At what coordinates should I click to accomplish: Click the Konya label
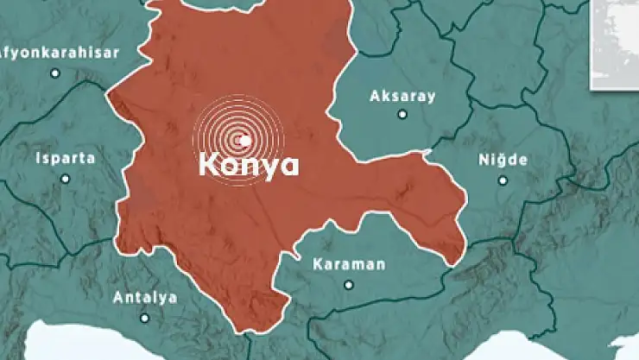[x=249, y=164]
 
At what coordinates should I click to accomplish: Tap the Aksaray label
[x=402, y=96]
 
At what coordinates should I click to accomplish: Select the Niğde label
[x=503, y=161]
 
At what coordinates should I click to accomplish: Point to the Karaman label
[x=349, y=264]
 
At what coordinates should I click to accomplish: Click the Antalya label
[x=145, y=298]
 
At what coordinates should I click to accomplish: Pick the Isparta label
[x=66, y=159]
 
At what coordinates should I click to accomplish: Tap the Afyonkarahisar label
[x=59, y=52]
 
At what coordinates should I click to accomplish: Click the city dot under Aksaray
[x=402, y=114]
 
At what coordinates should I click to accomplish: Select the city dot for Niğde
[x=503, y=180]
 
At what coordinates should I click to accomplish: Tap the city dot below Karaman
[x=349, y=284]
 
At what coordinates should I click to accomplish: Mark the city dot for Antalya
[x=145, y=318]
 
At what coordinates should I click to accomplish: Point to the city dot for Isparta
[x=66, y=179]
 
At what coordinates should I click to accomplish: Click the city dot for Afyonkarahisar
[x=56, y=73]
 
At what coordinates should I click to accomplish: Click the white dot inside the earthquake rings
[x=245, y=140]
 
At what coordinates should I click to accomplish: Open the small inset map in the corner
[x=615, y=43]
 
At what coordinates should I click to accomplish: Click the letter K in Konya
[x=208, y=164]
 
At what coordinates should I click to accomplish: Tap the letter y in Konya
[x=270, y=167]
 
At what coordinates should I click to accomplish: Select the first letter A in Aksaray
[x=375, y=96]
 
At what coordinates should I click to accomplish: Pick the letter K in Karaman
[x=318, y=264]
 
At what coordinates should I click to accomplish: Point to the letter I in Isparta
[x=39, y=159]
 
